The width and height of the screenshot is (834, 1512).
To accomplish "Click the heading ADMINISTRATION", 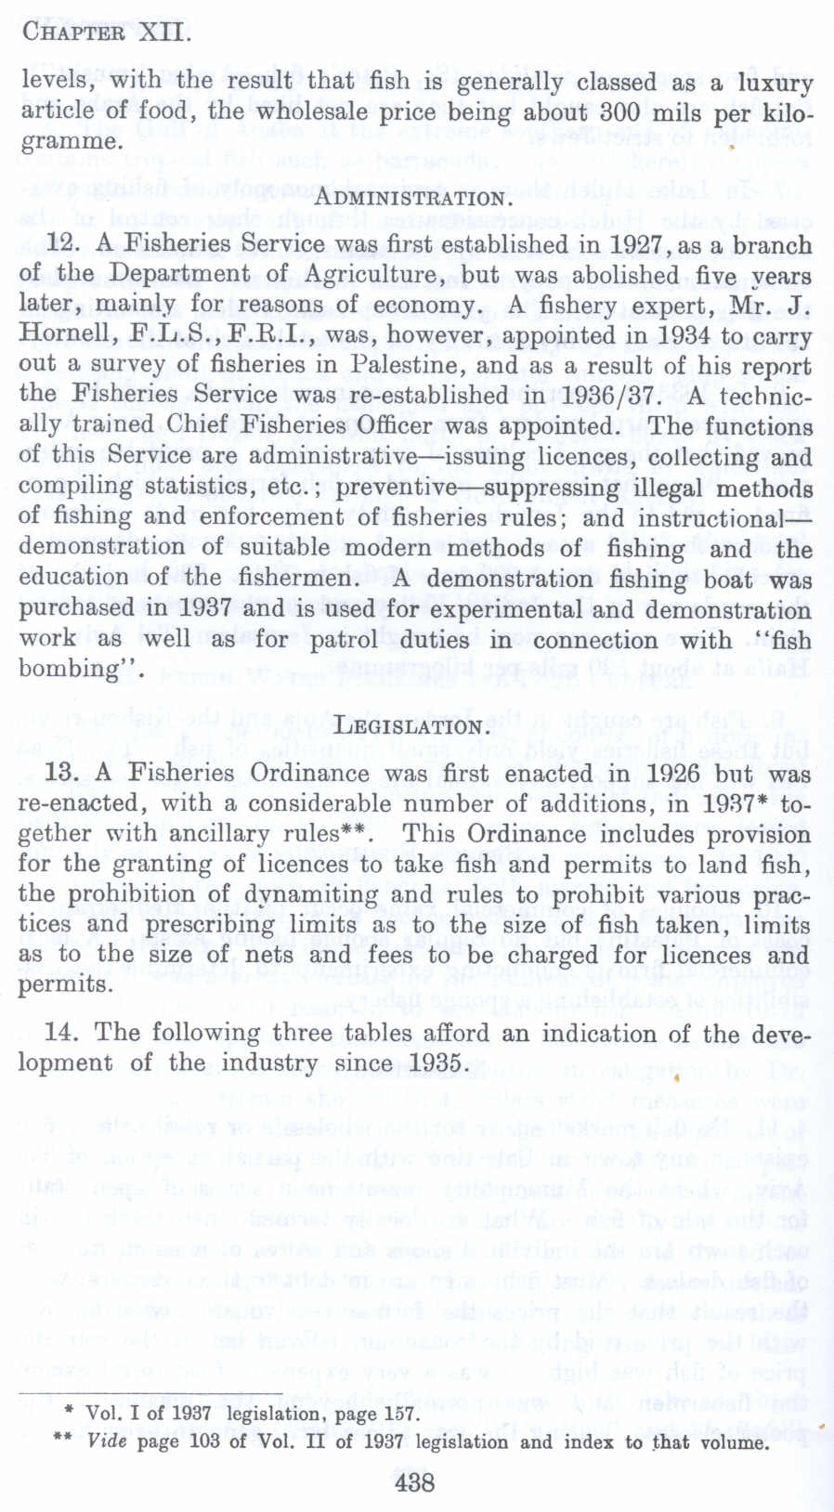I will (413, 198).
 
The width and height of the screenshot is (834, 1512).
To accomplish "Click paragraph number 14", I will (61, 1033).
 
